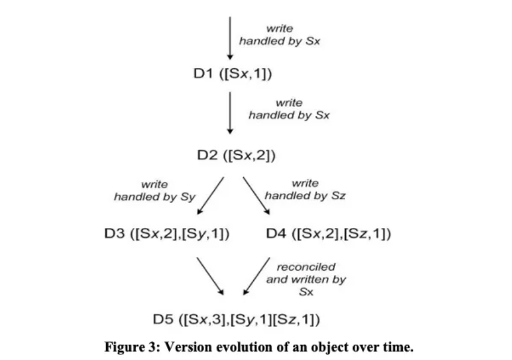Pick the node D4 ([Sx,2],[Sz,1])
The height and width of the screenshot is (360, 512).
[x=329, y=233]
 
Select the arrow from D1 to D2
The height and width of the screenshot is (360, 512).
[x=229, y=112]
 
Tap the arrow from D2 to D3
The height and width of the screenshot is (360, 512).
[x=211, y=196]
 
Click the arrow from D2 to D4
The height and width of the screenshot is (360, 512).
[x=256, y=196]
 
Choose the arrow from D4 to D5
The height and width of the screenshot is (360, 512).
[x=258, y=276]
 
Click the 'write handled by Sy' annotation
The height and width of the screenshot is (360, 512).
[x=155, y=190]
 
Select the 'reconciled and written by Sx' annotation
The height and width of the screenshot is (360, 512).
[x=306, y=279]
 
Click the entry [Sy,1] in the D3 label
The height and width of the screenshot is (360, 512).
[x=208, y=233]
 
